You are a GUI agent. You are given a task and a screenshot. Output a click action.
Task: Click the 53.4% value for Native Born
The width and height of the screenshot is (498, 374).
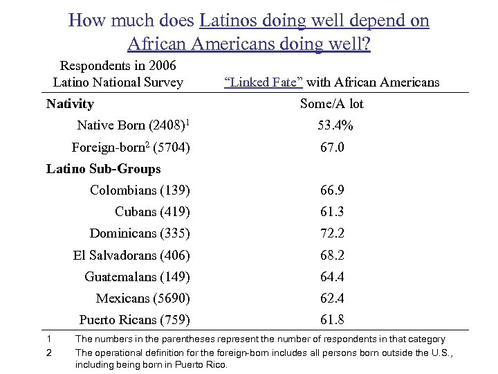coord(335,126)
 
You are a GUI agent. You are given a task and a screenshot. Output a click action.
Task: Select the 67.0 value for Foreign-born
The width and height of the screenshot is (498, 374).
coord(332,148)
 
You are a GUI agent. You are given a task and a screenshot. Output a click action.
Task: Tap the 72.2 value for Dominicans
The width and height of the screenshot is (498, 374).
coord(332,233)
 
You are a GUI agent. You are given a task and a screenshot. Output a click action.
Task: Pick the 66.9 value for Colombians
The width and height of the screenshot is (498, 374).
coord(332,190)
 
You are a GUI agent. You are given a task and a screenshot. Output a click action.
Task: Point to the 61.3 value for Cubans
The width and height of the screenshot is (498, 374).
coord(332,212)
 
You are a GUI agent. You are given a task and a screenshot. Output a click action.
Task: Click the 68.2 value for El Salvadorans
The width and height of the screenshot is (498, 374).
coord(332,256)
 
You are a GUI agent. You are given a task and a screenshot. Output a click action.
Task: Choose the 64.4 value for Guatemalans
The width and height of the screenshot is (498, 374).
coord(332,277)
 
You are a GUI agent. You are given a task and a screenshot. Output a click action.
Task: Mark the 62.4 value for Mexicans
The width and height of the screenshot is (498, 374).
coord(332,299)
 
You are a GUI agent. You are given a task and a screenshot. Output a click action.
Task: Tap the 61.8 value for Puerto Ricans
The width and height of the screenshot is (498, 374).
coord(332,320)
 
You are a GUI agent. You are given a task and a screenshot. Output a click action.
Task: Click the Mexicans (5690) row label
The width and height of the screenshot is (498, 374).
coord(142,299)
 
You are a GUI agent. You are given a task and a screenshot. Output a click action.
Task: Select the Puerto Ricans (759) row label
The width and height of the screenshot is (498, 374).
coord(134,320)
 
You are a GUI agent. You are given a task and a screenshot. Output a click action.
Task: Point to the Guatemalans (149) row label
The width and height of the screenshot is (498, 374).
coord(137,277)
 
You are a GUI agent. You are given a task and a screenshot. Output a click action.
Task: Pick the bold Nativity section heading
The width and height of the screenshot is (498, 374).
coord(70,105)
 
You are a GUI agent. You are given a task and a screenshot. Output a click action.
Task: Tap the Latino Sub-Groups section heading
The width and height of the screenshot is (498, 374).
coord(103,169)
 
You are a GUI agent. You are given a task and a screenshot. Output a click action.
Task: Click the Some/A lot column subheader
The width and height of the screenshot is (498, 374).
coord(332,105)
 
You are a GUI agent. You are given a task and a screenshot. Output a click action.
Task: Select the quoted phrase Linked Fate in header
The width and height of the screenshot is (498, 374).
coord(262,83)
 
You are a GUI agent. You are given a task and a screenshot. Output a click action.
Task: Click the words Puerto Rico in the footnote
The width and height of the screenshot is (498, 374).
coord(205,365)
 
